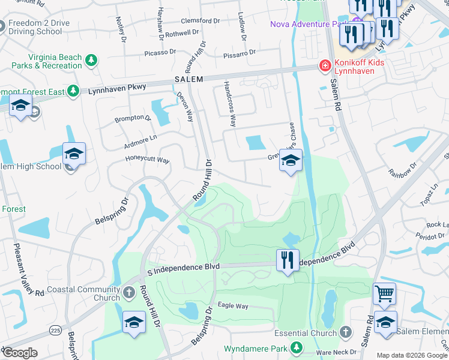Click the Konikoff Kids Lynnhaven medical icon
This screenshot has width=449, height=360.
325,65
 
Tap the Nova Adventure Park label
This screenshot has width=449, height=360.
309,24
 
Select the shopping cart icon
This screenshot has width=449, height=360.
384,293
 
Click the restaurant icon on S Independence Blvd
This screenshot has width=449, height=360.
288,260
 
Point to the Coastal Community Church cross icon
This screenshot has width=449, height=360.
128,293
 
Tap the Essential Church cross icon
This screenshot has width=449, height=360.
345,332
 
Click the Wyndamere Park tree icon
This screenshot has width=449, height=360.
296,348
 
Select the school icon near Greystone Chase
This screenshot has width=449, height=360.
291,160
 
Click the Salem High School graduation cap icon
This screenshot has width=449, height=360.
74,154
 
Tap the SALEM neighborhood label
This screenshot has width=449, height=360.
189,79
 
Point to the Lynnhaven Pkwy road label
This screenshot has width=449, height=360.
116,88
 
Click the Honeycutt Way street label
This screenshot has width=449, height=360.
147,160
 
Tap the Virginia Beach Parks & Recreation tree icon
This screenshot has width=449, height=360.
91,60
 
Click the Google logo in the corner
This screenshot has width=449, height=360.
19,353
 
